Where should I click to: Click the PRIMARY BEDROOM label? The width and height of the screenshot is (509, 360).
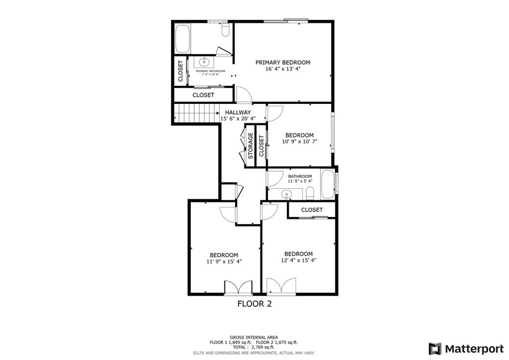tap(282, 62)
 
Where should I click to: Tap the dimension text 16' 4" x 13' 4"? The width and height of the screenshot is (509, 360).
tap(282, 69)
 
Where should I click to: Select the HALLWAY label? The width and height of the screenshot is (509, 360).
tap(238, 112)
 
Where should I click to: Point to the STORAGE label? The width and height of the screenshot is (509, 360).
tap(251, 146)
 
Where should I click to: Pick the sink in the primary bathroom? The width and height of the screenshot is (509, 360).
tap(204, 62)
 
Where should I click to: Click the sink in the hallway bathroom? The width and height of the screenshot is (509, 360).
tap(286, 194)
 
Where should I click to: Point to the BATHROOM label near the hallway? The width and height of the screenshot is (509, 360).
tap(300, 177)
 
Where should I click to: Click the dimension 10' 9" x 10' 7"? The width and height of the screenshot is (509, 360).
tap(299, 142)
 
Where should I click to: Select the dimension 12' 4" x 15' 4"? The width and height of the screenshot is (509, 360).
tap(298, 260)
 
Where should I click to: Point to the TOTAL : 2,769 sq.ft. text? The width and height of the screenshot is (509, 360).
tap(254, 347)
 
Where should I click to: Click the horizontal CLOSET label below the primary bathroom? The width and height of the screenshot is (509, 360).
tap(203, 94)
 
